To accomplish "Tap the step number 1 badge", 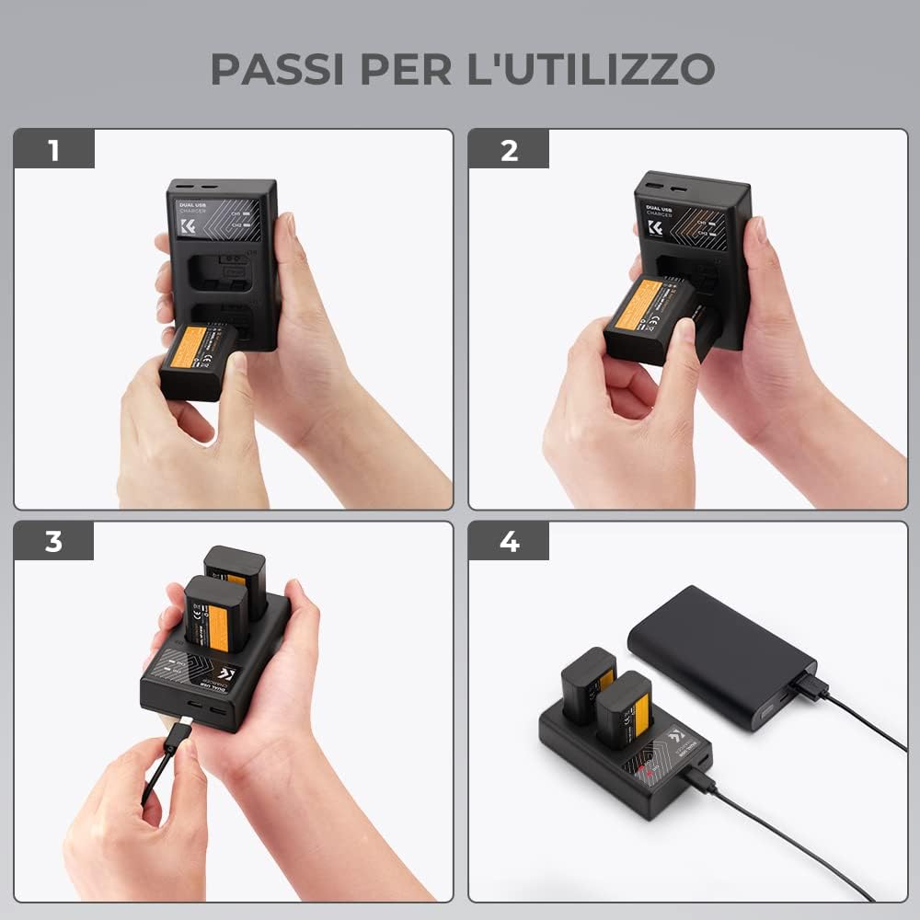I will tap(53, 149).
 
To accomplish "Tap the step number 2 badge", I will tap(509, 149).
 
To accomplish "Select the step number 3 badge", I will tap(53, 541).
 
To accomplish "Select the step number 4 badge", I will tap(509, 541).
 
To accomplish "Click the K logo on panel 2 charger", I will tap(656, 226).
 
